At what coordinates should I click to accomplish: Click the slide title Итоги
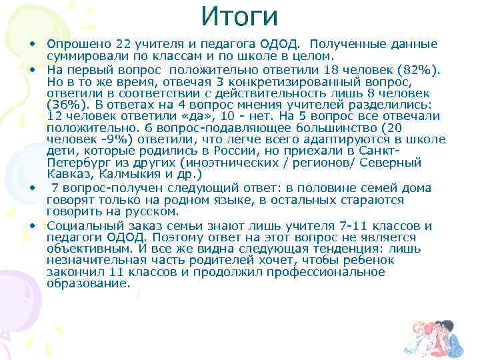click(239, 15)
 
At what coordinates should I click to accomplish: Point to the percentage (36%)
click(65, 105)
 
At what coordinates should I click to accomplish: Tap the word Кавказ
click(67, 174)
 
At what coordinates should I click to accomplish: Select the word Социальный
click(82, 226)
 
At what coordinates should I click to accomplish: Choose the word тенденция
click(316, 249)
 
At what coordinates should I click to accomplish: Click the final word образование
click(88, 283)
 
